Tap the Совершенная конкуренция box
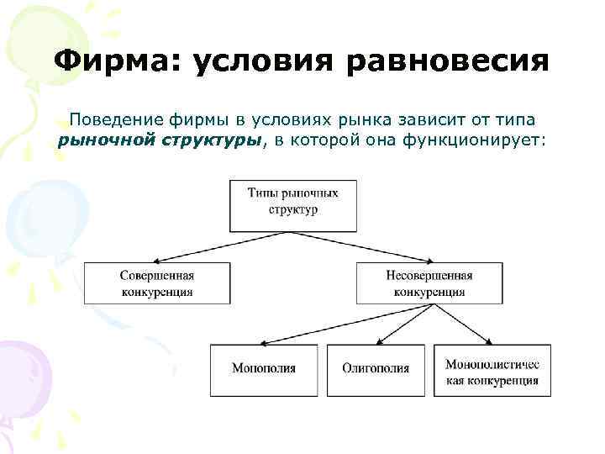point(156,283)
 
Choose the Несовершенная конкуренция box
point(429,283)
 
